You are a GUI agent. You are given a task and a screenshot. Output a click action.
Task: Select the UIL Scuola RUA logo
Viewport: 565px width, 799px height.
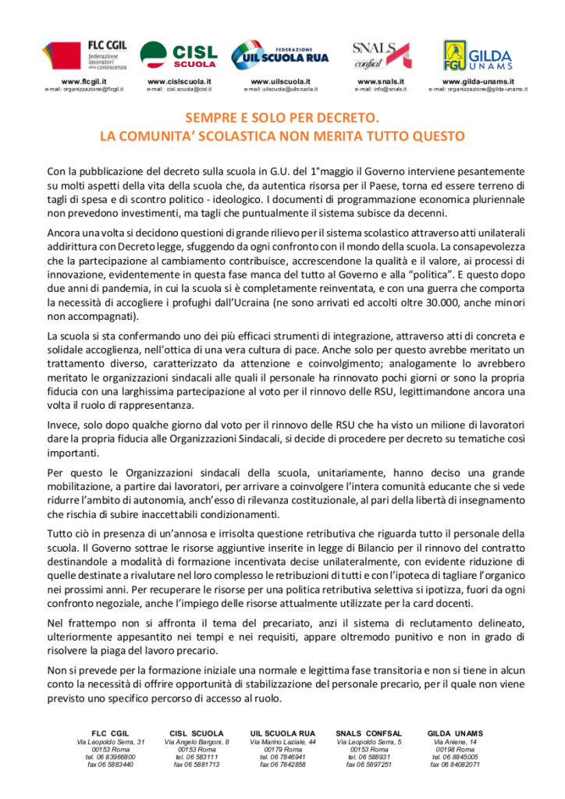coord(280,55)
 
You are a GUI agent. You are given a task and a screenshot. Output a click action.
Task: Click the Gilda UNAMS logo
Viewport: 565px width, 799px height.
coord(477,55)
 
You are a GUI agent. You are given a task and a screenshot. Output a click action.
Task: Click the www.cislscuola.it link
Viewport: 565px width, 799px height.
coord(179,81)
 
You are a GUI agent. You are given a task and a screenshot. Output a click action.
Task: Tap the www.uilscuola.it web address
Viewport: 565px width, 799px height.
coord(280,81)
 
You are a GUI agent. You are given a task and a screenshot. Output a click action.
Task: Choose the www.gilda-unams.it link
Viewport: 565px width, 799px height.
coord(478,81)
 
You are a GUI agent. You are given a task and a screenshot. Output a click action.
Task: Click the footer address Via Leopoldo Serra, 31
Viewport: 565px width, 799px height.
coord(110,741)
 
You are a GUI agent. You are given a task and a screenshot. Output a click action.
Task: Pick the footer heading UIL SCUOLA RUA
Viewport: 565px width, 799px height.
coord(282,733)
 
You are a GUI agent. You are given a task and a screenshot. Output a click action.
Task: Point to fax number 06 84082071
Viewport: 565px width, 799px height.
coord(455,765)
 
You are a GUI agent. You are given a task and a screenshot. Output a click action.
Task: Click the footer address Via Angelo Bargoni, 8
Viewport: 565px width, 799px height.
coord(197,741)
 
